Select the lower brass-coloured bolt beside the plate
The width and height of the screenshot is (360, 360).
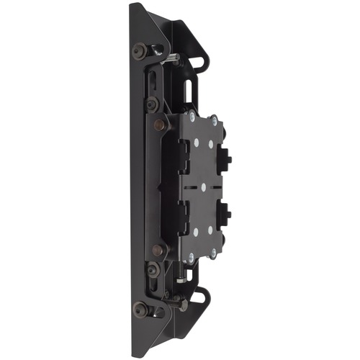tap(159, 250)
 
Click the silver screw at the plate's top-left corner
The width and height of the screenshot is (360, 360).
tap(192, 115)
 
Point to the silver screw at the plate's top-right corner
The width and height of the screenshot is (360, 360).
tap(213, 120)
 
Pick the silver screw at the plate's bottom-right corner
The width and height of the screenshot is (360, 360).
tap(212, 253)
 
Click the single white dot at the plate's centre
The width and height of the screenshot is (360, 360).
tap(203, 186)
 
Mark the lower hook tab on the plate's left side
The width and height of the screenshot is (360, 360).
tap(183, 215)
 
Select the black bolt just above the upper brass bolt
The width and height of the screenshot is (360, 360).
tap(152, 104)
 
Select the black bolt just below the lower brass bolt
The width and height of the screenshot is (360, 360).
tap(152, 270)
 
